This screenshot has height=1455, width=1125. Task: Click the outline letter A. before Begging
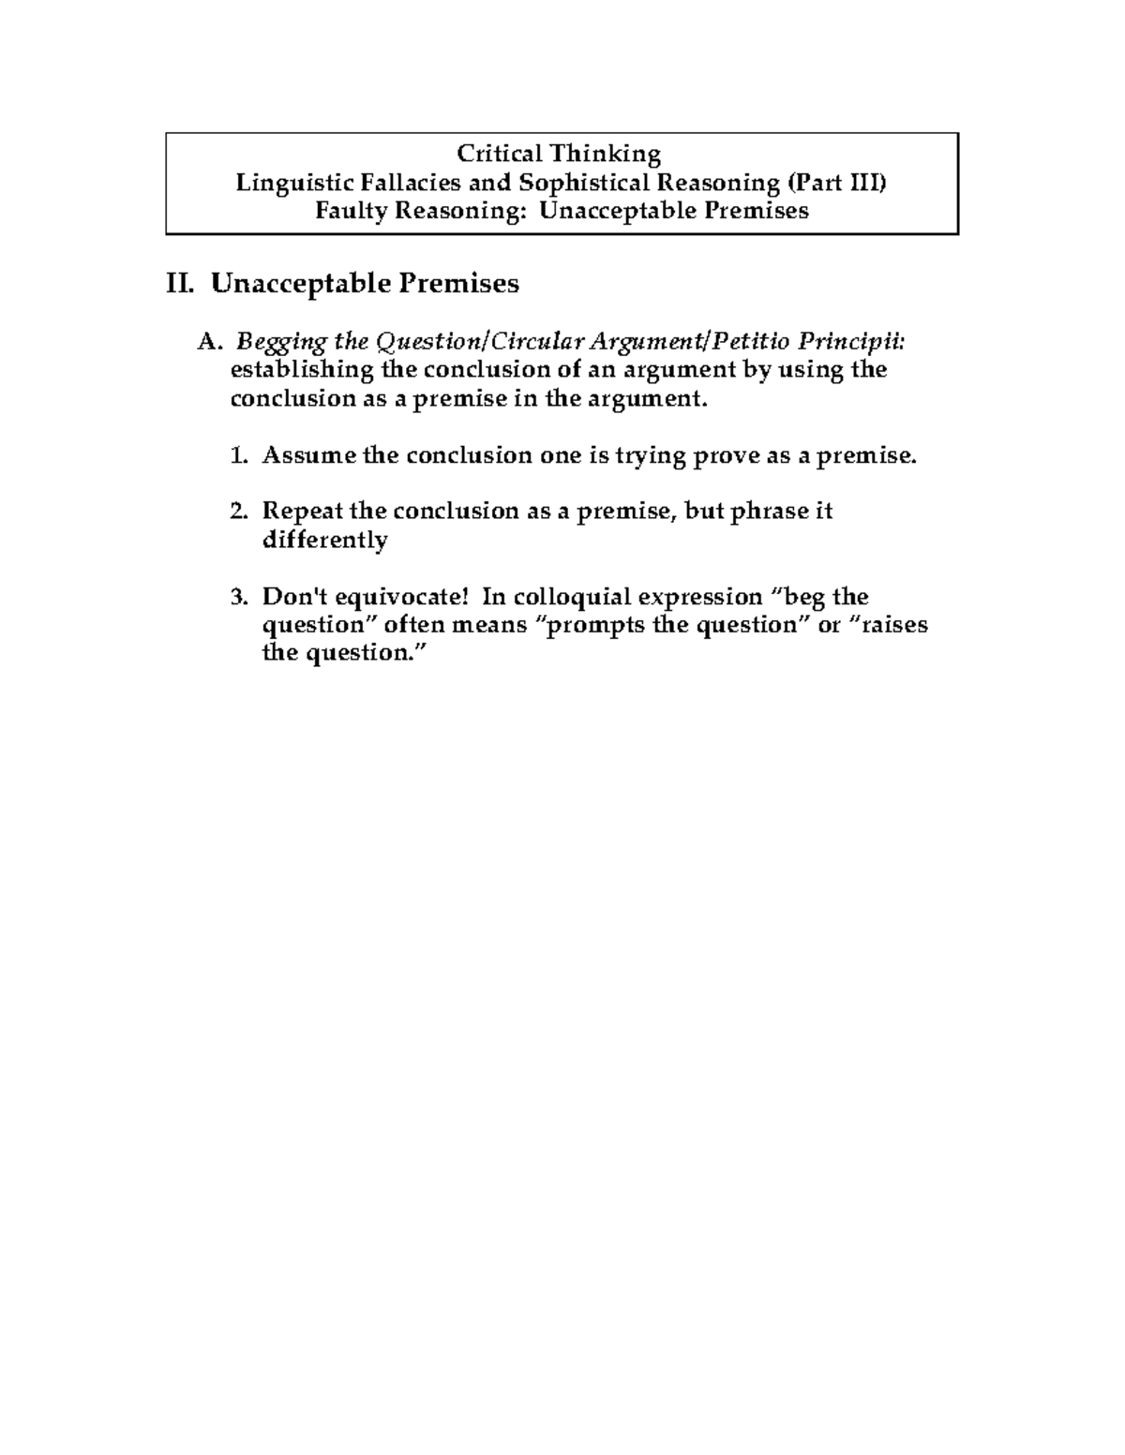click(x=207, y=341)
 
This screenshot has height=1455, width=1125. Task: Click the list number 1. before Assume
click(x=239, y=456)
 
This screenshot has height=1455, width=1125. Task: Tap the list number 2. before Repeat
click(x=239, y=512)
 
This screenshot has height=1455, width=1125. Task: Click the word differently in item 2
click(x=324, y=541)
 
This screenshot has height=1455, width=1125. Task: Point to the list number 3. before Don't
click(x=239, y=597)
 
